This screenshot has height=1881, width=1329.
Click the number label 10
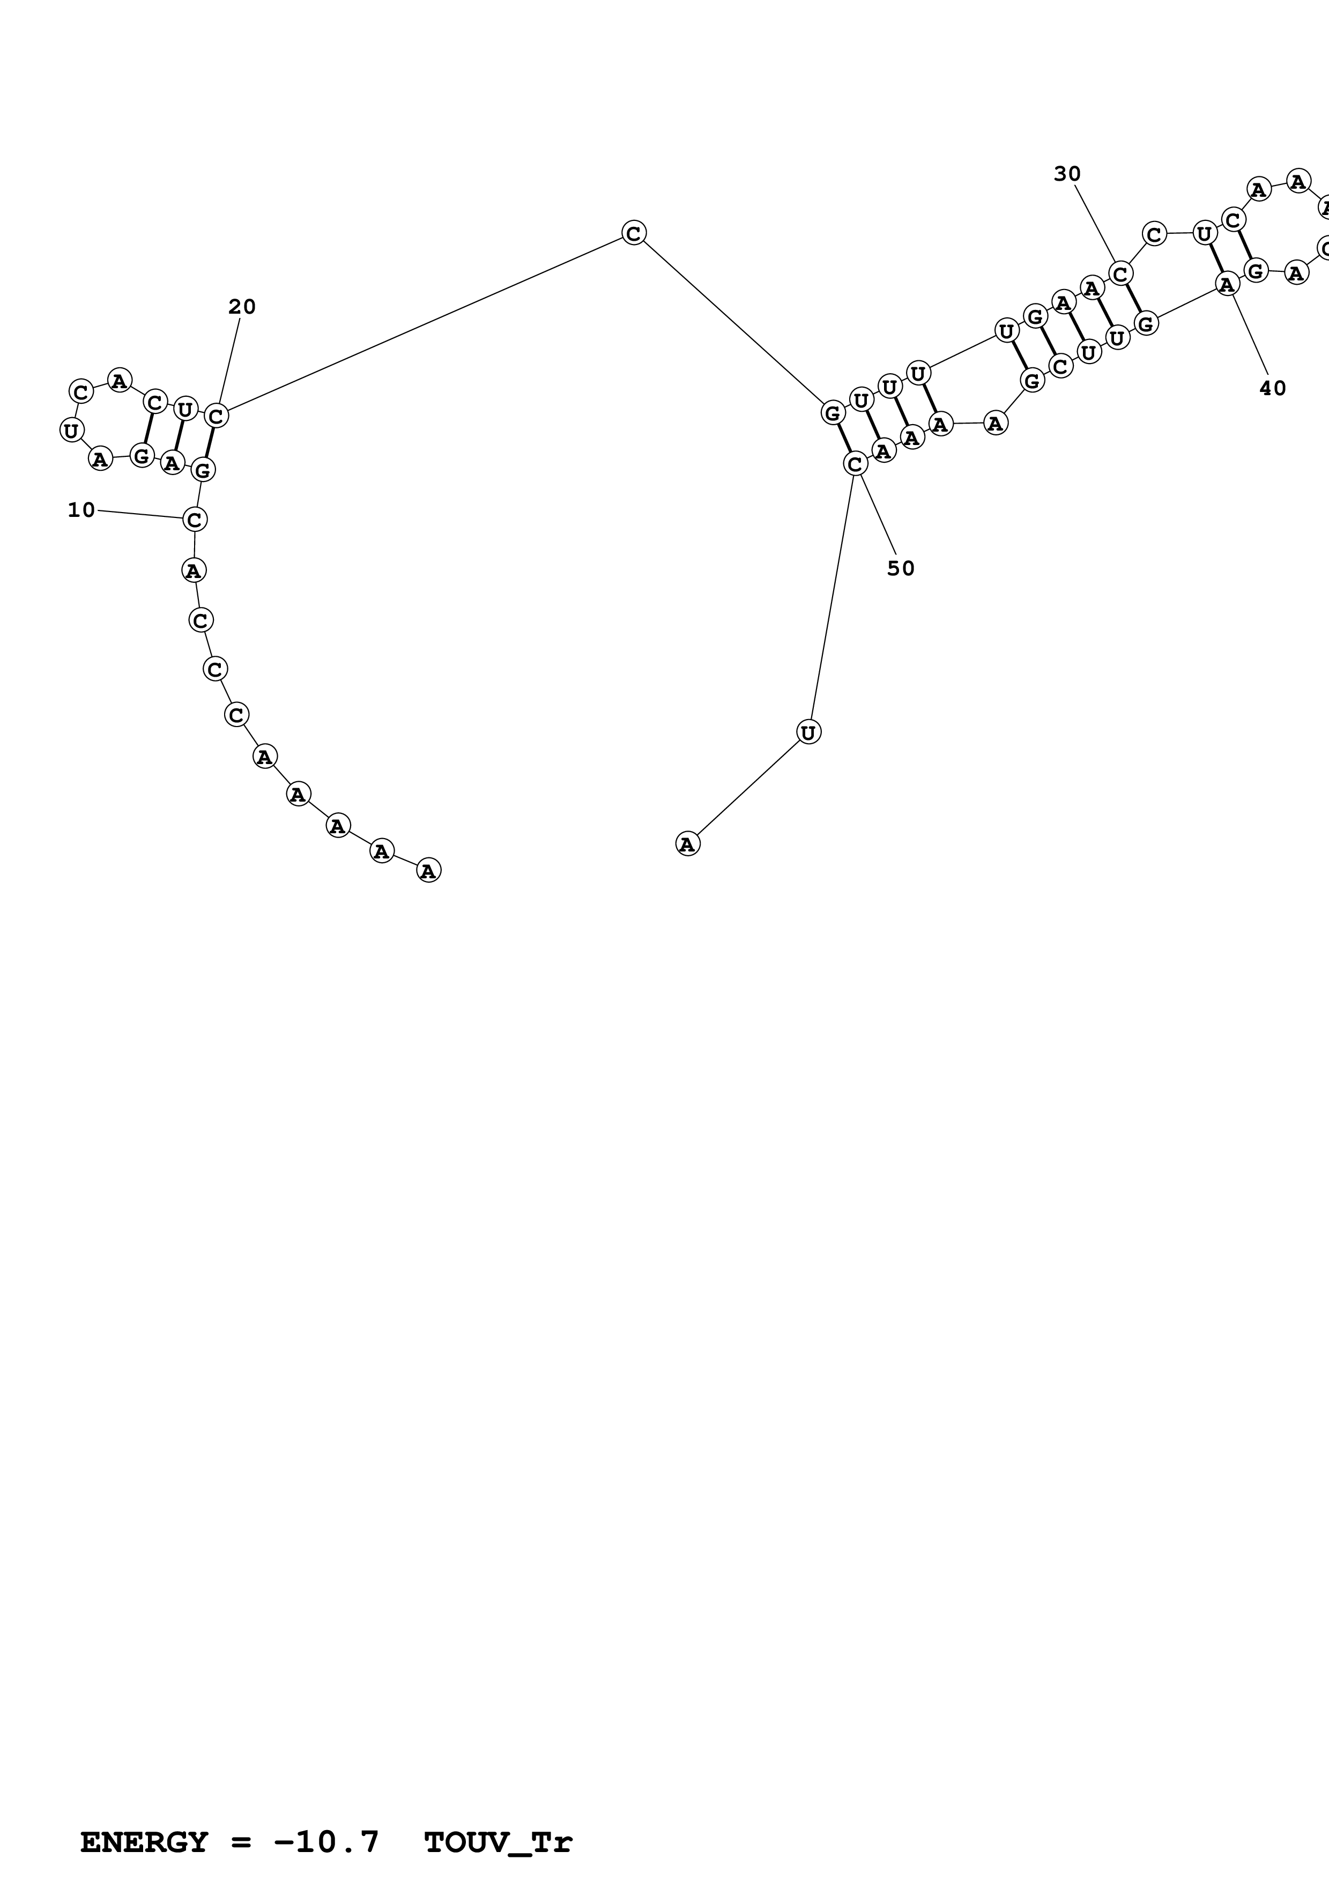[81, 510]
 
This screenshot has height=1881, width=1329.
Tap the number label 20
[242, 307]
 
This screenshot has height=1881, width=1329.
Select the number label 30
[1067, 174]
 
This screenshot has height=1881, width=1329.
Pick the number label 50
[901, 568]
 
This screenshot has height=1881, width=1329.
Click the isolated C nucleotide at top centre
[633, 233]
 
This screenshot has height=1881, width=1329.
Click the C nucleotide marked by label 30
[1121, 273]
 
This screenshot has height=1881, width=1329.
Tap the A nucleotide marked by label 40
[1226, 284]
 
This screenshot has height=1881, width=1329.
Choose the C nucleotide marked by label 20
[216, 416]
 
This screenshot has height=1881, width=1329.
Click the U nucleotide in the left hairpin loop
[72, 430]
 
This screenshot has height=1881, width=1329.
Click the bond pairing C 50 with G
[843, 438]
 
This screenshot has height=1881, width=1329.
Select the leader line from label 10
[139, 515]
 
